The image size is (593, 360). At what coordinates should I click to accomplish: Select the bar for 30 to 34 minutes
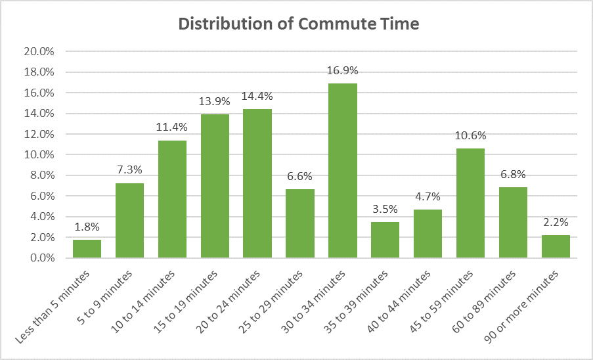pos(342,171)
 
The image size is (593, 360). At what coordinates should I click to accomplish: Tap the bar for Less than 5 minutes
pos(87,248)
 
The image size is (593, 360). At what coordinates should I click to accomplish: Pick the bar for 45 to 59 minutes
pos(470,203)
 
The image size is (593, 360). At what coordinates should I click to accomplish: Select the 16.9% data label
pos(342,71)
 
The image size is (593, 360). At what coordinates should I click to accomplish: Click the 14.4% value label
pos(257,97)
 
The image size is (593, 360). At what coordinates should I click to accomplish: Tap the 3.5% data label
pos(385,210)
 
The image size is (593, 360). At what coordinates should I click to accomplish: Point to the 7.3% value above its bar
pos(129,170)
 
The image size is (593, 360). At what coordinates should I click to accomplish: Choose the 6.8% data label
pos(513,175)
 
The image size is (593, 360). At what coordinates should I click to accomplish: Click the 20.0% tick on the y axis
pos(39,52)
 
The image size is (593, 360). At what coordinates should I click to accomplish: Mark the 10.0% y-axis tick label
pos(39,155)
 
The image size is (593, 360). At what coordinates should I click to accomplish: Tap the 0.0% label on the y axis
pos(41,258)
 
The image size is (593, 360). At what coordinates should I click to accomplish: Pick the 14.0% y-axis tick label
pos(39,114)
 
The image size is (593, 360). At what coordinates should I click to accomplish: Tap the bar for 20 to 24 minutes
pos(257,183)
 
